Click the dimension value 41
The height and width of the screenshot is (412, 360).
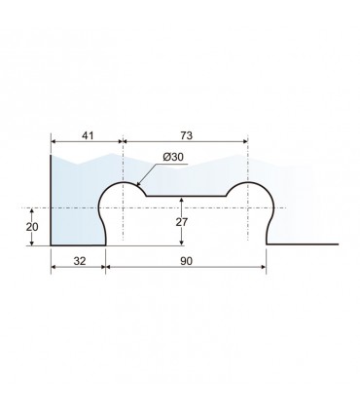point(88,135)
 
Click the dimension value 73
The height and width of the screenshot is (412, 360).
point(186,135)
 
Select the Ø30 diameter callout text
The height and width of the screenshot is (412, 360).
point(173,157)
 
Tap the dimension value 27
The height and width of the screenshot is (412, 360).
point(182,222)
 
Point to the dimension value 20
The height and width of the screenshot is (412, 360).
point(32,227)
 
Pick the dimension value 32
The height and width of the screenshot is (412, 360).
point(80,261)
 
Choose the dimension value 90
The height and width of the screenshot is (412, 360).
point(186,261)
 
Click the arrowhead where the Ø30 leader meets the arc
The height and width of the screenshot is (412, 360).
point(138,184)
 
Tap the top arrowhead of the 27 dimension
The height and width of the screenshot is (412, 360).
point(182,200)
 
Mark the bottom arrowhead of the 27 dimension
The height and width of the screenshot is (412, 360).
point(182,242)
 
